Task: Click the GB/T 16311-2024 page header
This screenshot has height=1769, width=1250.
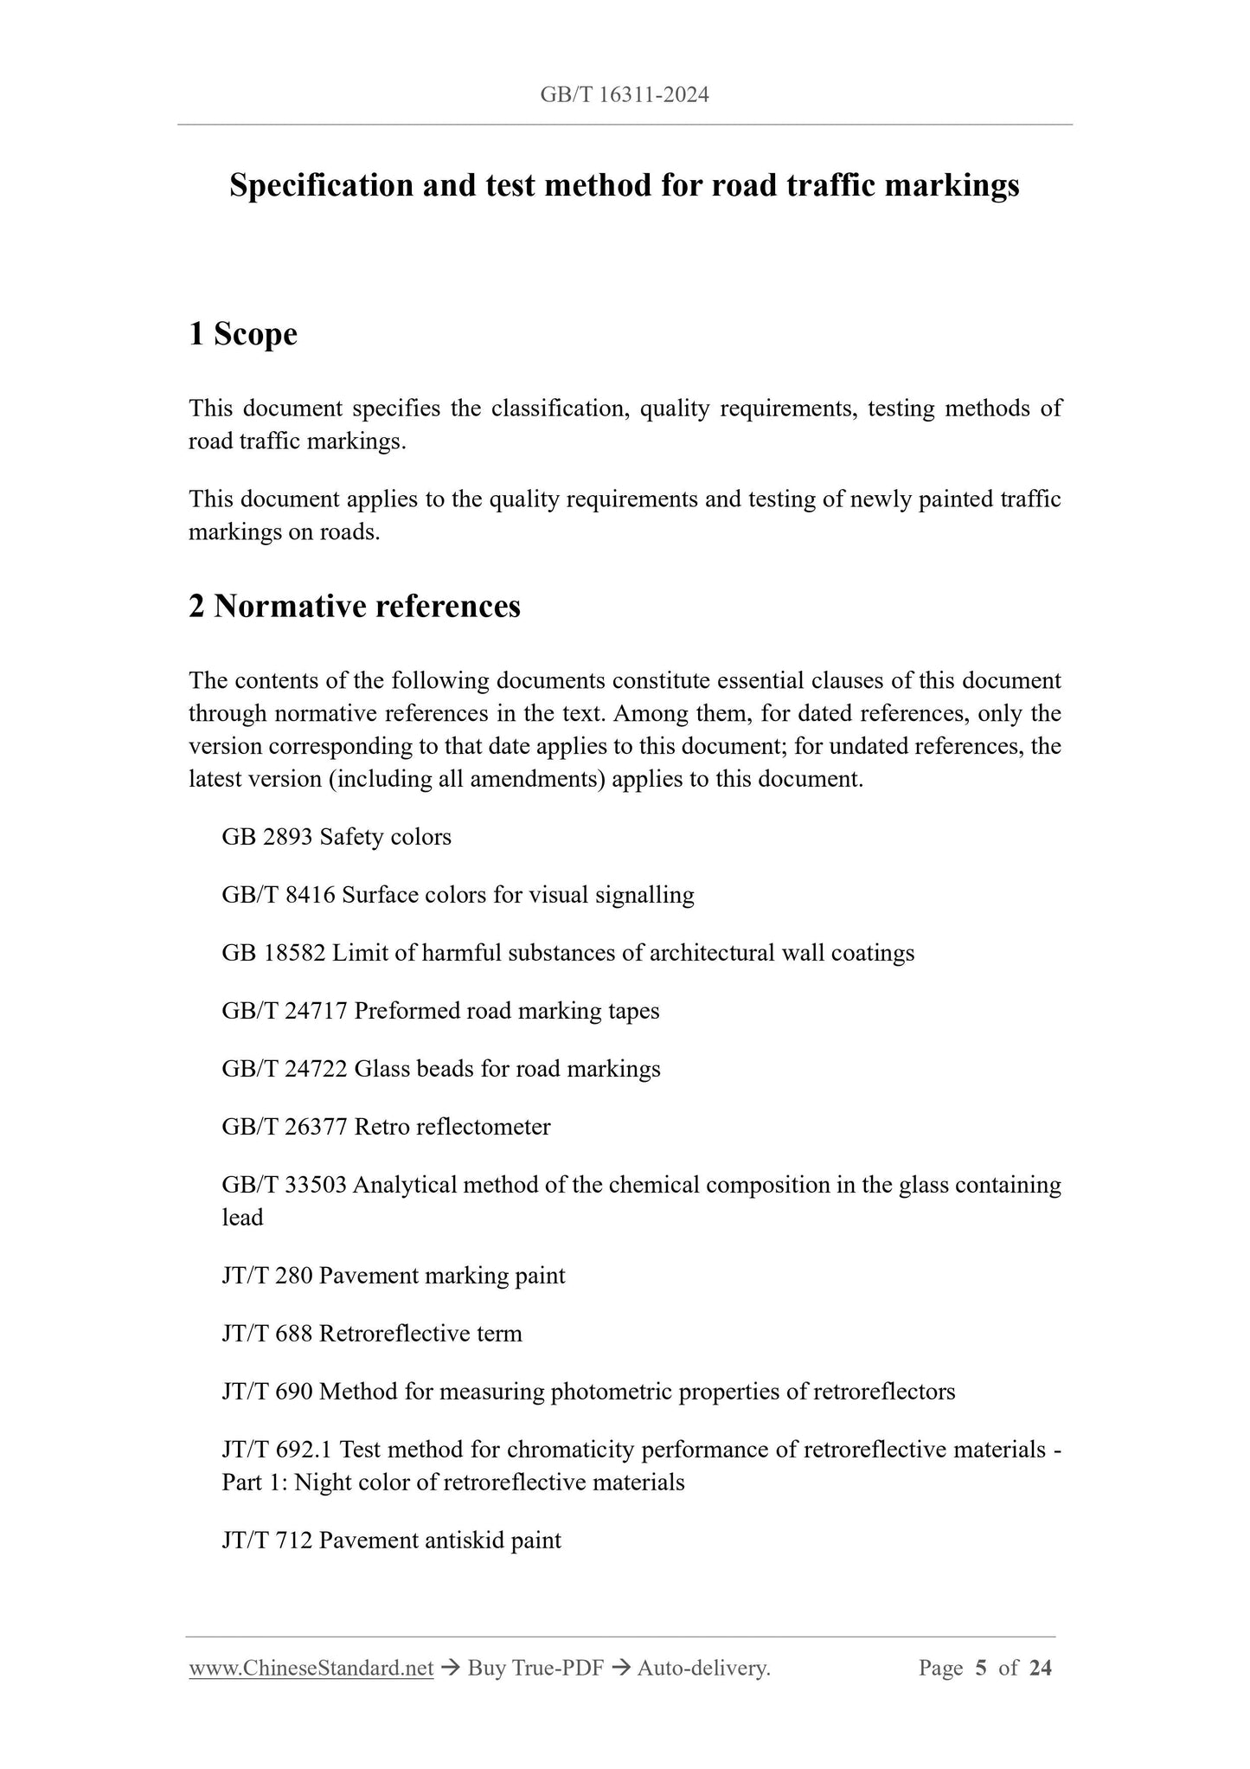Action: click(x=624, y=95)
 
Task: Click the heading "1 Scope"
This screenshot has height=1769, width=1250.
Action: click(x=243, y=334)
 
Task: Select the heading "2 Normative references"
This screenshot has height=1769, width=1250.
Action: click(x=355, y=606)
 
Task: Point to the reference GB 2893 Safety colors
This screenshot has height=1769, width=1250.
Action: click(x=337, y=837)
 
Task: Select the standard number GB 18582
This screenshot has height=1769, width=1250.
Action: click(x=273, y=953)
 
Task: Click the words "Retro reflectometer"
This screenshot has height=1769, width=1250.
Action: click(x=452, y=1127)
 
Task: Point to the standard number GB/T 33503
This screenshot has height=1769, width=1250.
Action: click(x=284, y=1185)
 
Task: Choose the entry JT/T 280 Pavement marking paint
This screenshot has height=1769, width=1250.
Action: click(x=393, y=1276)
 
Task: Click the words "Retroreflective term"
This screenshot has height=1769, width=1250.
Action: click(x=420, y=1334)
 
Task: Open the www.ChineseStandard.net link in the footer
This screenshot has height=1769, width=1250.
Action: click(x=311, y=1669)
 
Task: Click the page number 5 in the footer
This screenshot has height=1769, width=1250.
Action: click(x=980, y=1669)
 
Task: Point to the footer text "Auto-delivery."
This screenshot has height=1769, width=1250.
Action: click(x=703, y=1669)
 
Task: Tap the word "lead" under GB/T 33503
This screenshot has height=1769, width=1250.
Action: click(x=242, y=1218)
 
